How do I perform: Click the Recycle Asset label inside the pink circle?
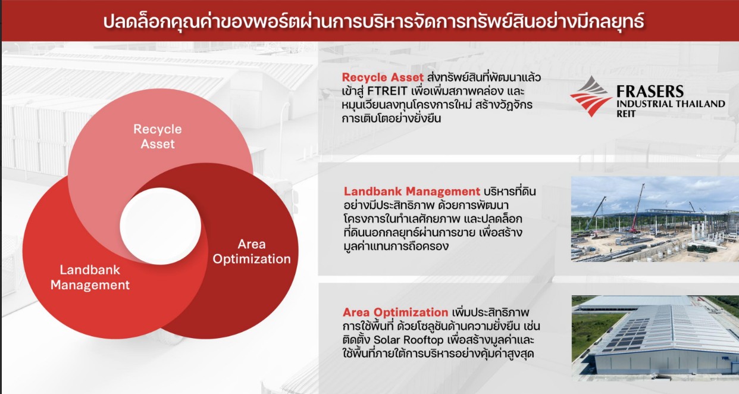tap(158, 136)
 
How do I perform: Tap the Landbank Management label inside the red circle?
tap(90, 277)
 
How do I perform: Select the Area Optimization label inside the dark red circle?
tap(252, 251)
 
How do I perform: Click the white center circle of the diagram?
tap(160, 226)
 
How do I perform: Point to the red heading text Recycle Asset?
tap(383, 77)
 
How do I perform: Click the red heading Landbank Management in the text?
tap(412, 192)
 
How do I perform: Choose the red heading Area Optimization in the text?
tap(396, 312)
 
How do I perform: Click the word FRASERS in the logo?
tap(650, 91)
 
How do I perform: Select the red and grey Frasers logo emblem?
tap(590, 96)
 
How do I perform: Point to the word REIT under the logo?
tap(626, 114)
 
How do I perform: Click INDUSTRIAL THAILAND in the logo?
tap(671, 104)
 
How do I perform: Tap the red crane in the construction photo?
tap(637, 209)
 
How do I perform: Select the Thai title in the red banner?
tap(374, 21)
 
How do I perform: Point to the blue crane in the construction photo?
tap(596, 214)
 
